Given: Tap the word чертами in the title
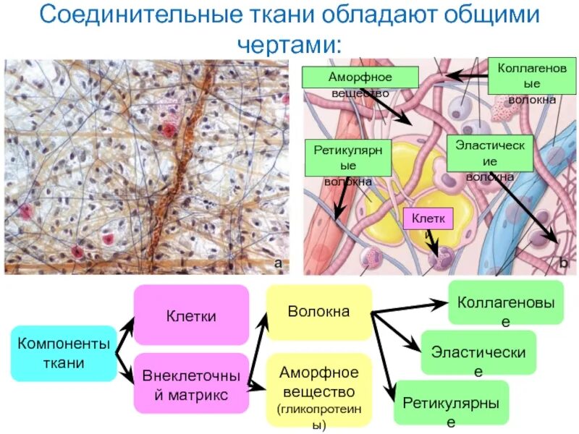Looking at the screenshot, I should click(x=292, y=43).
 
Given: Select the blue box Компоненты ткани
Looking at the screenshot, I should click(x=64, y=353).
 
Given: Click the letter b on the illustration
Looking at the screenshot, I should click(x=562, y=263).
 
